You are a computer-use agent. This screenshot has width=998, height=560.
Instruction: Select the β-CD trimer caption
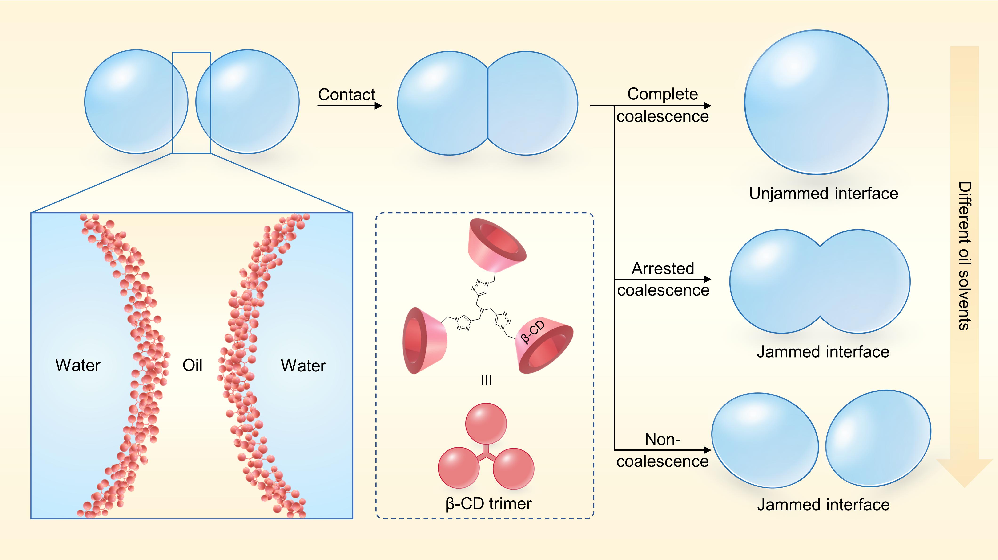coord(489,504)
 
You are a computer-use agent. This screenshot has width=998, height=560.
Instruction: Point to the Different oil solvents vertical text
coord(965,256)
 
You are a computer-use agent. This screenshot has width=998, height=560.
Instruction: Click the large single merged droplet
coord(816,102)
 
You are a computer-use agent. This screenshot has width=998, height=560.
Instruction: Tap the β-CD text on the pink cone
coord(533,332)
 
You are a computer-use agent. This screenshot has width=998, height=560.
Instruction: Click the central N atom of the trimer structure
coord(482,310)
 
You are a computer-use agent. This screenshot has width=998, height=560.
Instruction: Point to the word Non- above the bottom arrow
coord(663,439)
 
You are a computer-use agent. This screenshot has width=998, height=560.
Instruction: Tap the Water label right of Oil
coord(303,366)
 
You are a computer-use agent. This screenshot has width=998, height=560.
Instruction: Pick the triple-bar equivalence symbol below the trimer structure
coord(486,380)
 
